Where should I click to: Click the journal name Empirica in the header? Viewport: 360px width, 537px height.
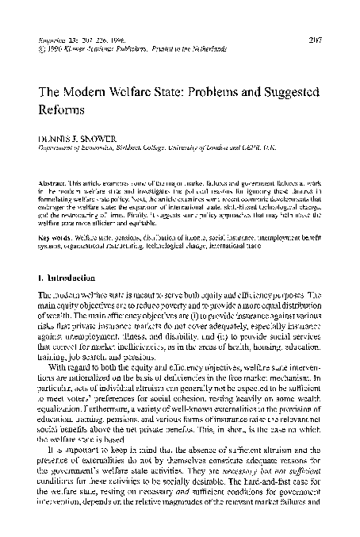(57, 37)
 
